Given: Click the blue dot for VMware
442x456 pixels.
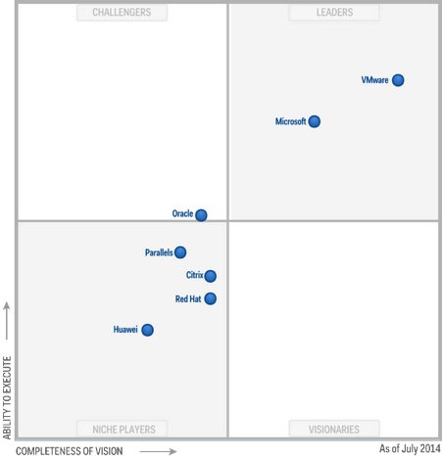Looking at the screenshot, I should (x=398, y=80).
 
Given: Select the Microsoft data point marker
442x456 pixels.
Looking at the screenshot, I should (x=314, y=121).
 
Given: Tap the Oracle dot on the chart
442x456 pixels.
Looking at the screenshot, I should (x=201, y=214).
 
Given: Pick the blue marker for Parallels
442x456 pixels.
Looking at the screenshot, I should (x=180, y=252).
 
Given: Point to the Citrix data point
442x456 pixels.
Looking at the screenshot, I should (x=210, y=276).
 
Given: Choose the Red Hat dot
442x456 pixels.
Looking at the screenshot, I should (x=210, y=298).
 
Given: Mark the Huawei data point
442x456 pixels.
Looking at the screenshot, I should (x=147, y=330).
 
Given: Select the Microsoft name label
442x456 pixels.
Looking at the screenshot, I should (x=290, y=122).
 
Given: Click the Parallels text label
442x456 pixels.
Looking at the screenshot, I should (x=159, y=252).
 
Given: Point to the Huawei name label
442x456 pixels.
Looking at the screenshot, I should (x=126, y=330).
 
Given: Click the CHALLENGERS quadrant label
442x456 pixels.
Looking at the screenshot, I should (x=122, y=13).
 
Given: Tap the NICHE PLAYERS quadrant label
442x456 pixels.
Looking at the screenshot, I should (x=122, y=429).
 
